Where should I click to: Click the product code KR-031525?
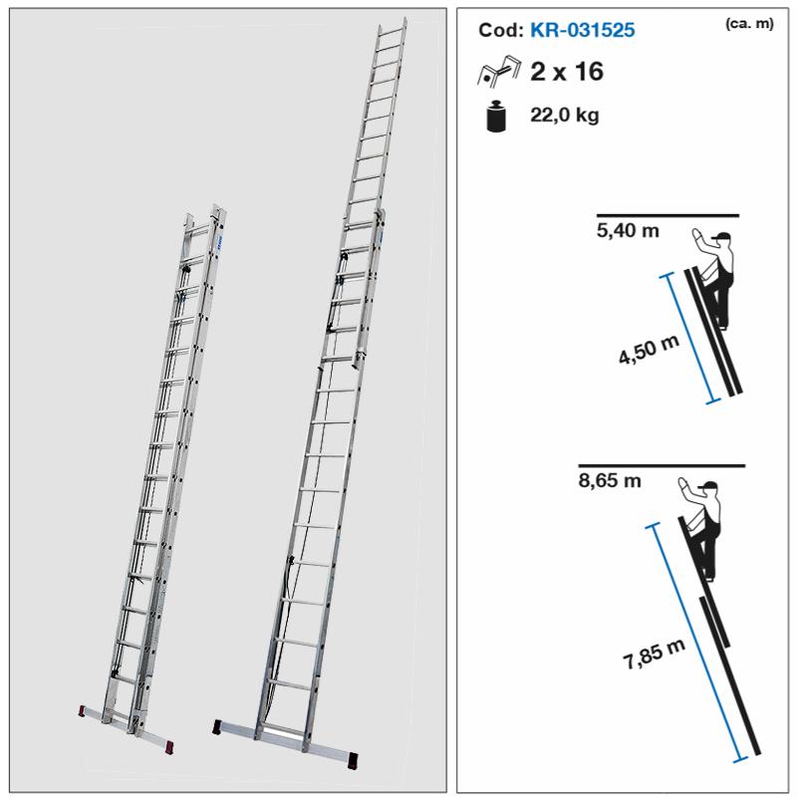click(x=582, y=30)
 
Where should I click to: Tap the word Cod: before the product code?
click(x=501, y=30)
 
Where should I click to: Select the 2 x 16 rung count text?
click(x=567, y=72)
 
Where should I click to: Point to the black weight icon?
click(x=496, y=117)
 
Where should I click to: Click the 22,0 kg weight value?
click(x=565, y=116)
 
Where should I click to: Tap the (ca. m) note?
click(x=749, y=23)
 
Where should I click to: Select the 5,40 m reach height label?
click(x=628, y=231)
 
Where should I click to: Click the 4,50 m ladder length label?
click(x=649, y=350)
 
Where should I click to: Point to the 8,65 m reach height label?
click(x=610, y=480)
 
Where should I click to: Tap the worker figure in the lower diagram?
click(x=701, y=529)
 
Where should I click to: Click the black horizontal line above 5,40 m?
click(x=667, y=215)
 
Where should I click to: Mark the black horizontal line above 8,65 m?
click(x=662, y=465)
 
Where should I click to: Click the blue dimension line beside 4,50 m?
click(x=690, y=338)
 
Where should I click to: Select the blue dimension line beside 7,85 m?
click(x=696, y=643)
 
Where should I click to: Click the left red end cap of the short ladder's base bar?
click(x=82, y=710)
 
